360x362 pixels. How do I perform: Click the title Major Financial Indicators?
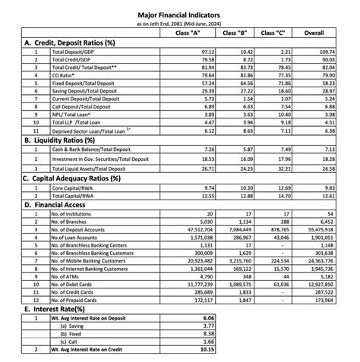click(180, 14)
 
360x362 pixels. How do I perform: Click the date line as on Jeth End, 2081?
click(180, 23)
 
